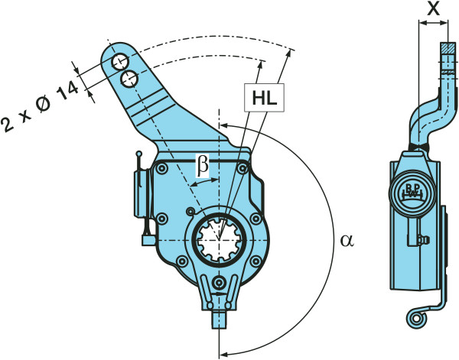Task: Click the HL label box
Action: pos(265,97)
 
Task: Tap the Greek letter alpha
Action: pos(347,241)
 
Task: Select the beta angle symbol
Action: pos(203,166)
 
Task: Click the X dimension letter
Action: pos(434,8)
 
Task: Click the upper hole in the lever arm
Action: pos(121,62)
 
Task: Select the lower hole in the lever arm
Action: pos(129,79)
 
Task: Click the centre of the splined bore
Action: pos(219,240)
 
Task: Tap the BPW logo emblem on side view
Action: pos(413,193)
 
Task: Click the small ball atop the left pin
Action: pos(139,154)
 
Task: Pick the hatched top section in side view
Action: pos(448,47)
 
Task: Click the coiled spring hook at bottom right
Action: pos(416,318)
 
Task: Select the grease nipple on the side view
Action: pos(423,240)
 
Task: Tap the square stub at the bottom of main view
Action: pos(219,319)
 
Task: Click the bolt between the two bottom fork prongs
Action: pos(219,283)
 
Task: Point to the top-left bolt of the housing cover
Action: pos(161,168)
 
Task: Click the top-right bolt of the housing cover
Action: pos(242,168)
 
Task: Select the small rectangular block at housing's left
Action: pos(148,241)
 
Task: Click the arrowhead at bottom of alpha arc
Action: pos(224,354)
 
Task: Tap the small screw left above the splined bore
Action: pos(190,211)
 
